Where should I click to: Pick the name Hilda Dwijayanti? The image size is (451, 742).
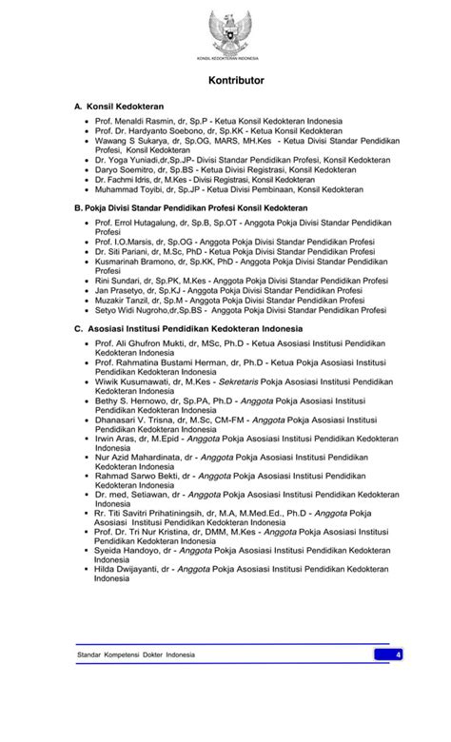point(129,568)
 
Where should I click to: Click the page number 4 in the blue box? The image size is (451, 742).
point(399,654)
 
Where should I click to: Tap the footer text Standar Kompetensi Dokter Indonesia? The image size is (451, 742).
point(135,655)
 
